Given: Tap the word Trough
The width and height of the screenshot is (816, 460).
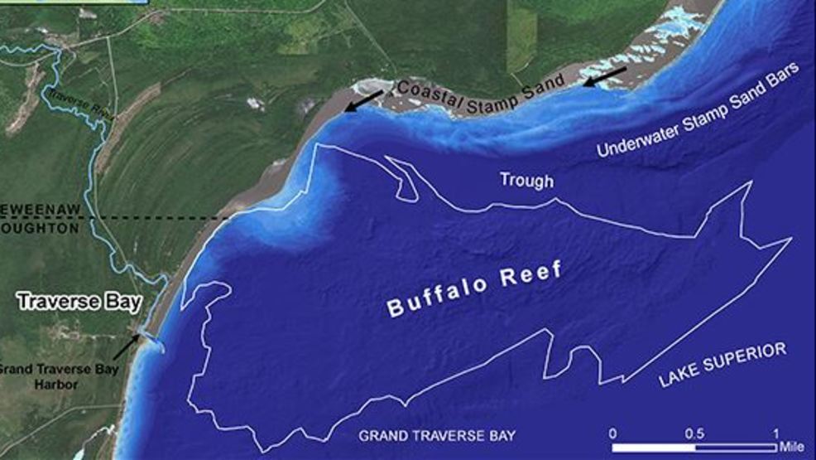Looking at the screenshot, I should coord(526,180).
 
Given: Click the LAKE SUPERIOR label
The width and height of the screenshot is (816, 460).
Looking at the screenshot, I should coord(721,366).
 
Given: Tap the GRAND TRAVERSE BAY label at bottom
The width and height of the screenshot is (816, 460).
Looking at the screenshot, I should coord(437,436).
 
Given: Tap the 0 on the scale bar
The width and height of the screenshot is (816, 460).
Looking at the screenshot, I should coord(612,433).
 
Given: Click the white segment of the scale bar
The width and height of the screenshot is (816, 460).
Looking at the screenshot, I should coord(653,447).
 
